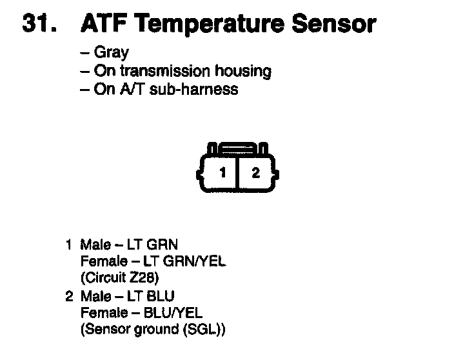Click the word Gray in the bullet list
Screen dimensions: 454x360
pos(111,53)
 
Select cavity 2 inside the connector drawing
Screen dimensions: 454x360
pos(256,172)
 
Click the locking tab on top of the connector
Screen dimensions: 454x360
pos(239,148)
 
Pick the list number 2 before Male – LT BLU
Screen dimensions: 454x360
pos(68,296)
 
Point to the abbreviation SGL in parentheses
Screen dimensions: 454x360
pos(202,330)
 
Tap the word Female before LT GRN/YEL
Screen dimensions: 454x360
pos(101,262)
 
